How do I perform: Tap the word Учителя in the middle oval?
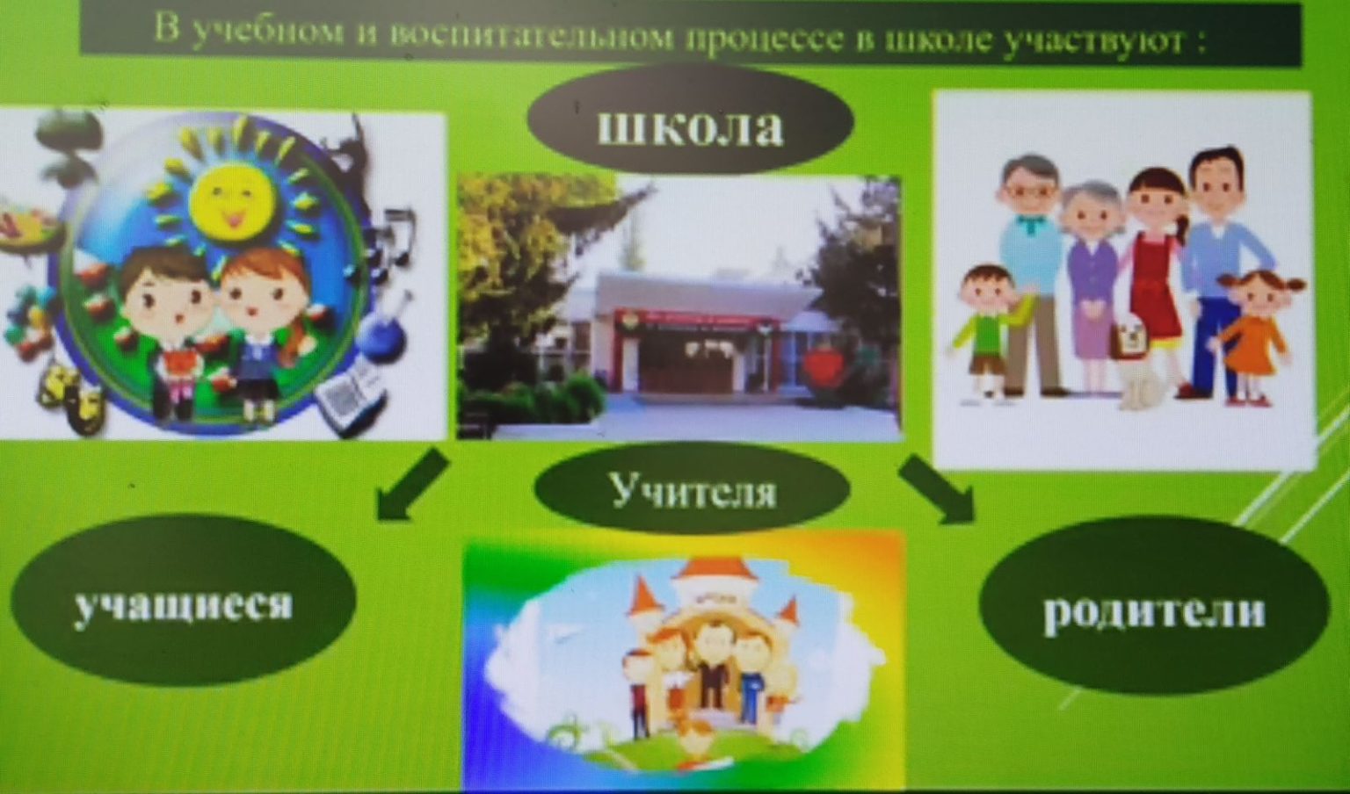(693, 489)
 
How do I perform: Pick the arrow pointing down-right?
(936, 489)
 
